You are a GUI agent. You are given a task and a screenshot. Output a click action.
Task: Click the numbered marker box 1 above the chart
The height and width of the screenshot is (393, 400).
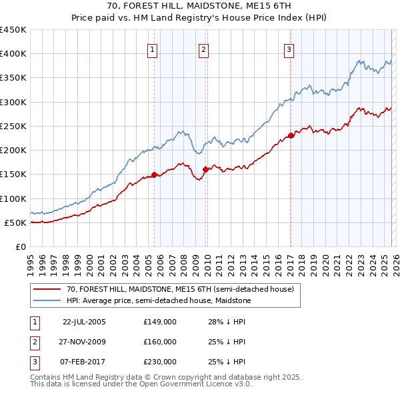[x=153, y=49]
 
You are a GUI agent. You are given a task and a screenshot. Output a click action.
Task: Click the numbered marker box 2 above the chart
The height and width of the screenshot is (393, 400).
[x=203, y=49]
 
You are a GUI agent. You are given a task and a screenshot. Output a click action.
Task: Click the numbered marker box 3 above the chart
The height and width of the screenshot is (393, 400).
[x=289, y=49]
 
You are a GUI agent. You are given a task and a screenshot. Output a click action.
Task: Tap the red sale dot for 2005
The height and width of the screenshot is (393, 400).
[x=154, y=175]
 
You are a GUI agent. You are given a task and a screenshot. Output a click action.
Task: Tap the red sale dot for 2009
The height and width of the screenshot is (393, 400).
[x=205, y=170]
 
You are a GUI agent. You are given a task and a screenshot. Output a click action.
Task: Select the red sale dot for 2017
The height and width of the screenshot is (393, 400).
[x=291, y=136]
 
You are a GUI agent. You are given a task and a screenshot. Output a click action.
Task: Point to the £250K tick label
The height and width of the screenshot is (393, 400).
[x=13, y=126]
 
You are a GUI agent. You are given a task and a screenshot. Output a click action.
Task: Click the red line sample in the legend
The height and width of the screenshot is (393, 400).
[x=48, y=290]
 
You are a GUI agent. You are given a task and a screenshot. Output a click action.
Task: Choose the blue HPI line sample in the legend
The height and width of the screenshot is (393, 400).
[x=48, y=301]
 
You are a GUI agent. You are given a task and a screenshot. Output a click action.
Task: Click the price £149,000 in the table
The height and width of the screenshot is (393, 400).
[x=159, y=321]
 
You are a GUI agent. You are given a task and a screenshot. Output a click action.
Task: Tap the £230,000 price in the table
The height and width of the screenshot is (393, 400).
[x=159, y=362]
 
